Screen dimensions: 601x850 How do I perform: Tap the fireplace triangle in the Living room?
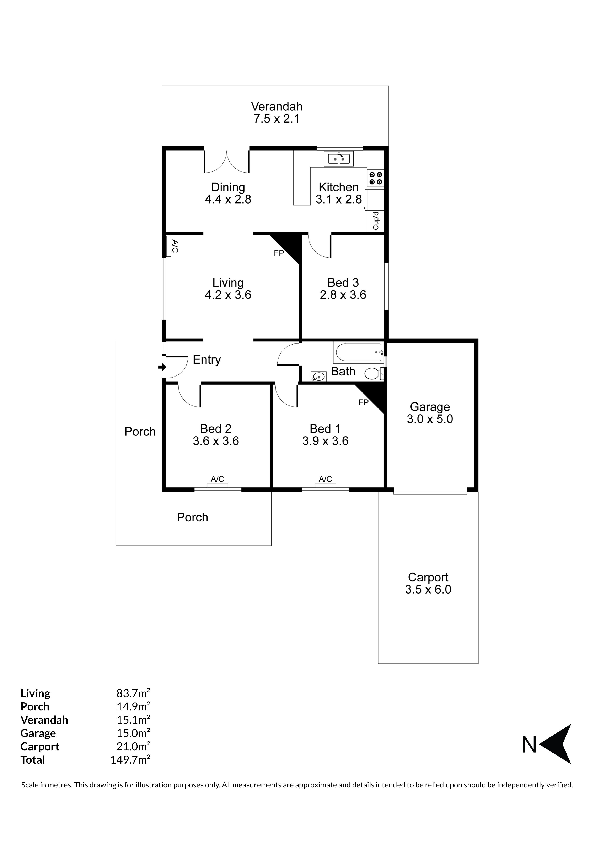(x=287, y=247)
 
